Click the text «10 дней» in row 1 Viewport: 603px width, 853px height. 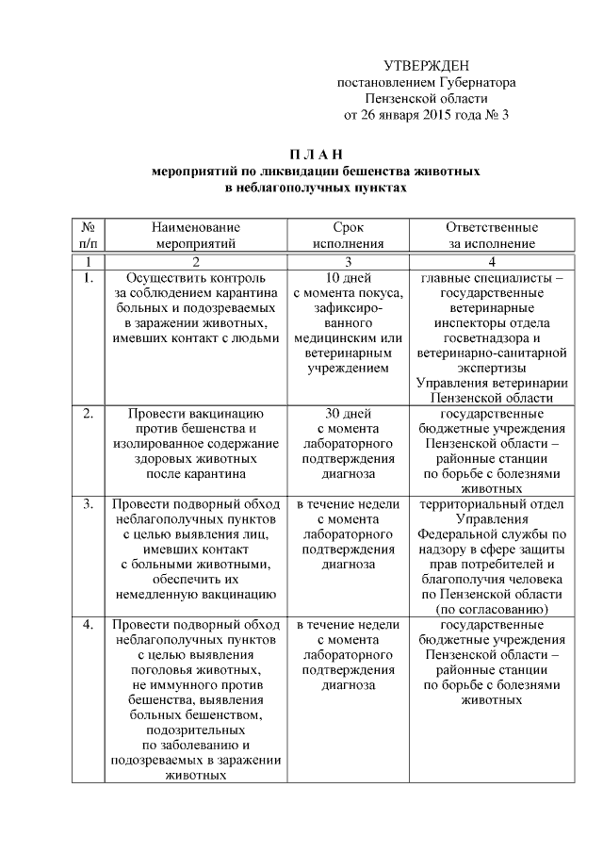click(349, 279)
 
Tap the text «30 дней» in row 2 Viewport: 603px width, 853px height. click(349, 413)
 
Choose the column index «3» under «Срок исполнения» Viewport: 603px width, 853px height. click(349, 261)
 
